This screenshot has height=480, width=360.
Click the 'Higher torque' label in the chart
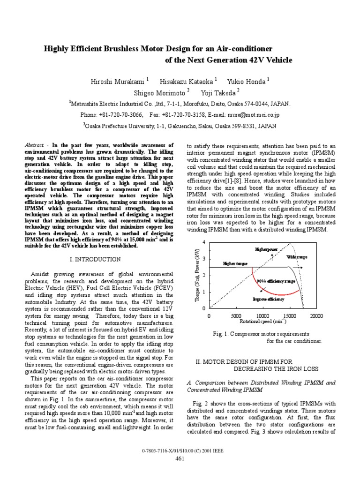pos(236,264)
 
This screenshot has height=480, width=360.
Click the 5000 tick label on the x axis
pos(236,316)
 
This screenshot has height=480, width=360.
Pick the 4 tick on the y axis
pos(203,241)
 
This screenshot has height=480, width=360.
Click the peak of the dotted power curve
pos(292,244)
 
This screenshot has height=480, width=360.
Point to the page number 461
pos(180,469)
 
